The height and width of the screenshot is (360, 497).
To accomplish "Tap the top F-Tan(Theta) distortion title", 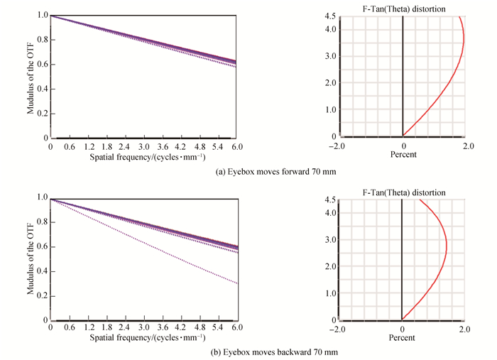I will point(402,8).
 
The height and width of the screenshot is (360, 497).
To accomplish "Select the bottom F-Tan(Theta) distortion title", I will point(402,192).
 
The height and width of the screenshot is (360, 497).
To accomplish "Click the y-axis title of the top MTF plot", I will point(31,75).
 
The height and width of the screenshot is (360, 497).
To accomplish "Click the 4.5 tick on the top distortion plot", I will point(329,16).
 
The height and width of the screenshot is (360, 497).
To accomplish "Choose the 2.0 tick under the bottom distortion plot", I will point(464,329).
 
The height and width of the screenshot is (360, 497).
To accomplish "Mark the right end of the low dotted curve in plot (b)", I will point(236,283).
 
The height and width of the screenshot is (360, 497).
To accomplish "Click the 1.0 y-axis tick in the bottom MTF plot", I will point(43,197).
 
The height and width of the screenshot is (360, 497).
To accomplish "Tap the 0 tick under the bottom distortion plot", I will point(403,329).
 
